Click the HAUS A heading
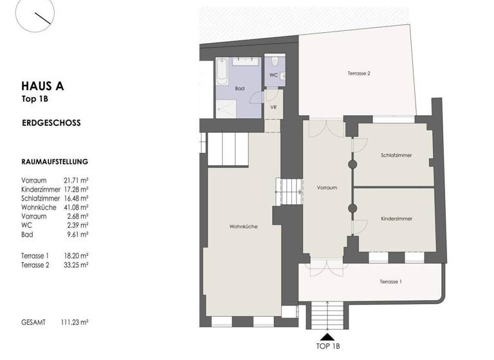pos(42,86)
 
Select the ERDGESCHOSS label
pos(51,123)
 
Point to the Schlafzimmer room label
pos(396,156)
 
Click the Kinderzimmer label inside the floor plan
pos(396,219)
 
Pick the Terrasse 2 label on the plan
pos(359,73)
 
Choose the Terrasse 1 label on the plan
pos(390,282)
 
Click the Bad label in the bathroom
pos(240,88)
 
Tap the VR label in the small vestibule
pos(273,107)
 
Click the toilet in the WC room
pos(275,62)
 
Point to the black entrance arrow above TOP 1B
pos(327,336)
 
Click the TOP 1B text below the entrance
pos(328,347)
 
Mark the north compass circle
pos(37,15)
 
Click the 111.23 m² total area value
pos(75,322)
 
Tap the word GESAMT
pos(33,322)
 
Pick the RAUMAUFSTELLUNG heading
pos(55,163)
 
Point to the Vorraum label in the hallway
pos(327,188)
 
